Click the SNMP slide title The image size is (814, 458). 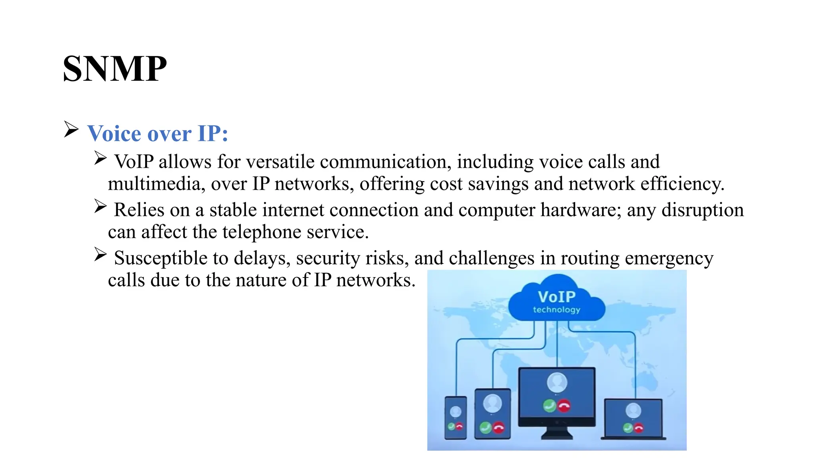click(x=114, y=69)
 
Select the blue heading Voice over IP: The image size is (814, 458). click(x=158, y=133)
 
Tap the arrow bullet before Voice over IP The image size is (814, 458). click(x=71, y=130)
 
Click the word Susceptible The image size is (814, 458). click(x=161, y=258)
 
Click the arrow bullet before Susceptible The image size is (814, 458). click(x=101, y=254)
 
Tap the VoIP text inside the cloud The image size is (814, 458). click(x=556, y=297)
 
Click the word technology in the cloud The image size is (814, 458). click(x=556, y=310)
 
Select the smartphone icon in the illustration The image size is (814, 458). click(x=455, y=417)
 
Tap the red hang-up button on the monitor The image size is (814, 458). click(x=564, y=406)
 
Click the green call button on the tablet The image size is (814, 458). click(x=485, y=428)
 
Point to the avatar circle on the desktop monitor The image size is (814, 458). click(x=557, y=382)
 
